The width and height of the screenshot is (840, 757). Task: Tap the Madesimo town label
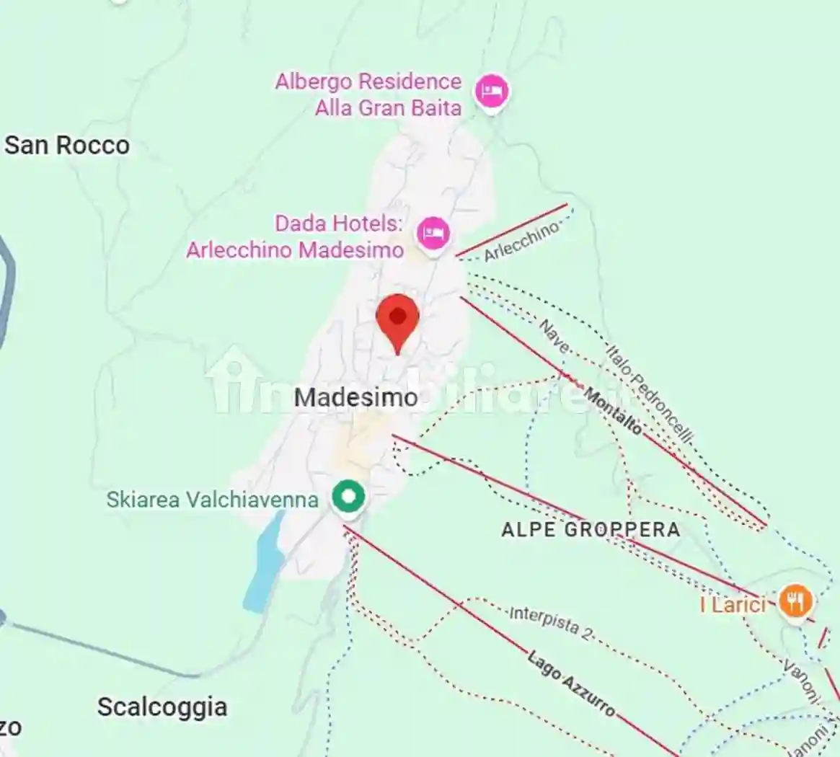click(356, 397)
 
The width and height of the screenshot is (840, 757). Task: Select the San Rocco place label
click(67, 145)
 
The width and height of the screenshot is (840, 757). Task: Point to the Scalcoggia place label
click(162, 707)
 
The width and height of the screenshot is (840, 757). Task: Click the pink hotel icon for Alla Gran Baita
click(492, 92)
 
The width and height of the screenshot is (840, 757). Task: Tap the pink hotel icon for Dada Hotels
click(433, 233)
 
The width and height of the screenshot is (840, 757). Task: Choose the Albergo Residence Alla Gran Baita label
click(368, 94)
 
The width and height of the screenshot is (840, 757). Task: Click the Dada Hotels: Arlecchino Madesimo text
click(295, 236)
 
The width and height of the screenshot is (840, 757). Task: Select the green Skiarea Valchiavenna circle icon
click(348, 497)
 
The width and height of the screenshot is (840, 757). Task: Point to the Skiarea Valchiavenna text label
click(212, 500)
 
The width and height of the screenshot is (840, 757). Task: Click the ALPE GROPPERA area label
click(591, 530)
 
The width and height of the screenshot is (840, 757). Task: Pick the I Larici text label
click(733, 604)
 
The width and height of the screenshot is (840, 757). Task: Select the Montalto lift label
click(612, 411)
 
